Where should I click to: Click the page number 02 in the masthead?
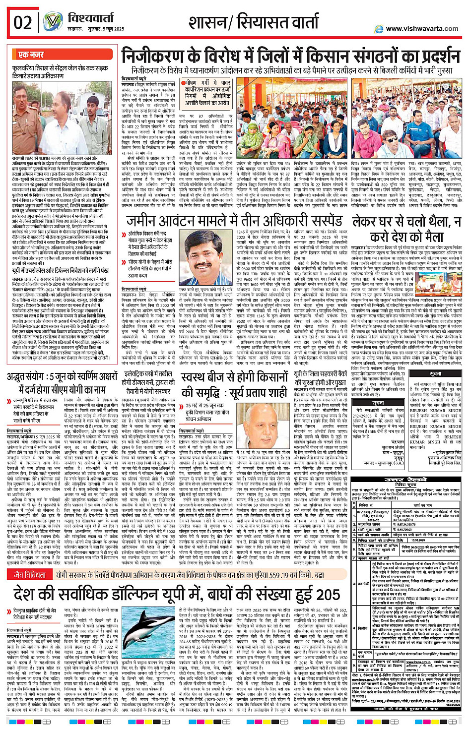[x=23, y=22]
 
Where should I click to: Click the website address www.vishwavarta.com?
[x=422, y=29]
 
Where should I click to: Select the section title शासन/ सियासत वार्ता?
[x=254, y=22]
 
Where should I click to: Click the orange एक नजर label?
[x=31, y=54]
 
